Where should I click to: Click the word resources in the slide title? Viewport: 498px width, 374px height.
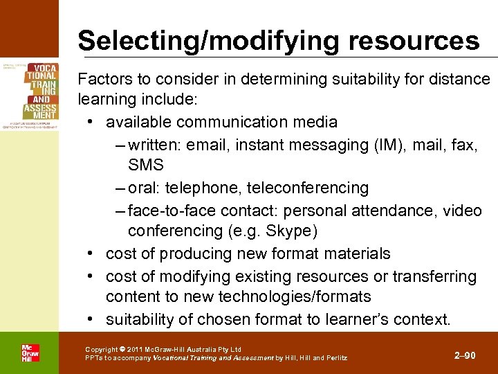pos(414,40)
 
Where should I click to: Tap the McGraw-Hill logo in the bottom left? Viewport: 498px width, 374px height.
pos(29,353)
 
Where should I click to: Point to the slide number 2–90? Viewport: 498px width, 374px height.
pos(465,355)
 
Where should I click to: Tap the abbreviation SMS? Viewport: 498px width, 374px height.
pos(145,165)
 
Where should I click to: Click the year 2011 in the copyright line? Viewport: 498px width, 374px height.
pos(136,349)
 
